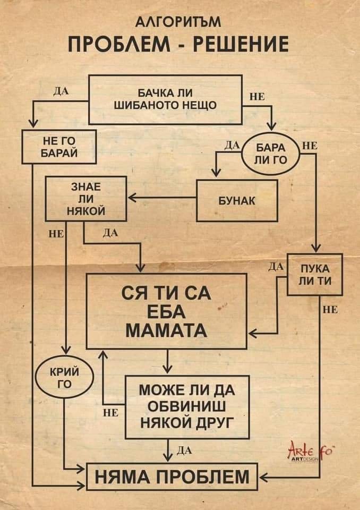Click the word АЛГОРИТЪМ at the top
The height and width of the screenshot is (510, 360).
179,23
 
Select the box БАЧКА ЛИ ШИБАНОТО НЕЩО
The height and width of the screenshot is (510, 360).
165,99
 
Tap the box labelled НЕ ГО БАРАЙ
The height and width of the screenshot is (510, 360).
59,146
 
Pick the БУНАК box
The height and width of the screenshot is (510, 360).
237,201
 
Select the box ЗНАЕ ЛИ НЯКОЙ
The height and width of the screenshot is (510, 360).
86,199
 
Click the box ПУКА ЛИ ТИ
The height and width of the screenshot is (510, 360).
314,274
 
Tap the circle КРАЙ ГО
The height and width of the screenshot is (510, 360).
64,378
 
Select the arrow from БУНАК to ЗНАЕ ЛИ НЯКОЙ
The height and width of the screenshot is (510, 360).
161,199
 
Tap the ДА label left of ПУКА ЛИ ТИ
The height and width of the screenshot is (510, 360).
276,266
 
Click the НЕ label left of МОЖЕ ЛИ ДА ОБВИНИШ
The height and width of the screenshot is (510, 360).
110,412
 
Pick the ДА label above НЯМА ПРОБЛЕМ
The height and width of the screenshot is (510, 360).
183,451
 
